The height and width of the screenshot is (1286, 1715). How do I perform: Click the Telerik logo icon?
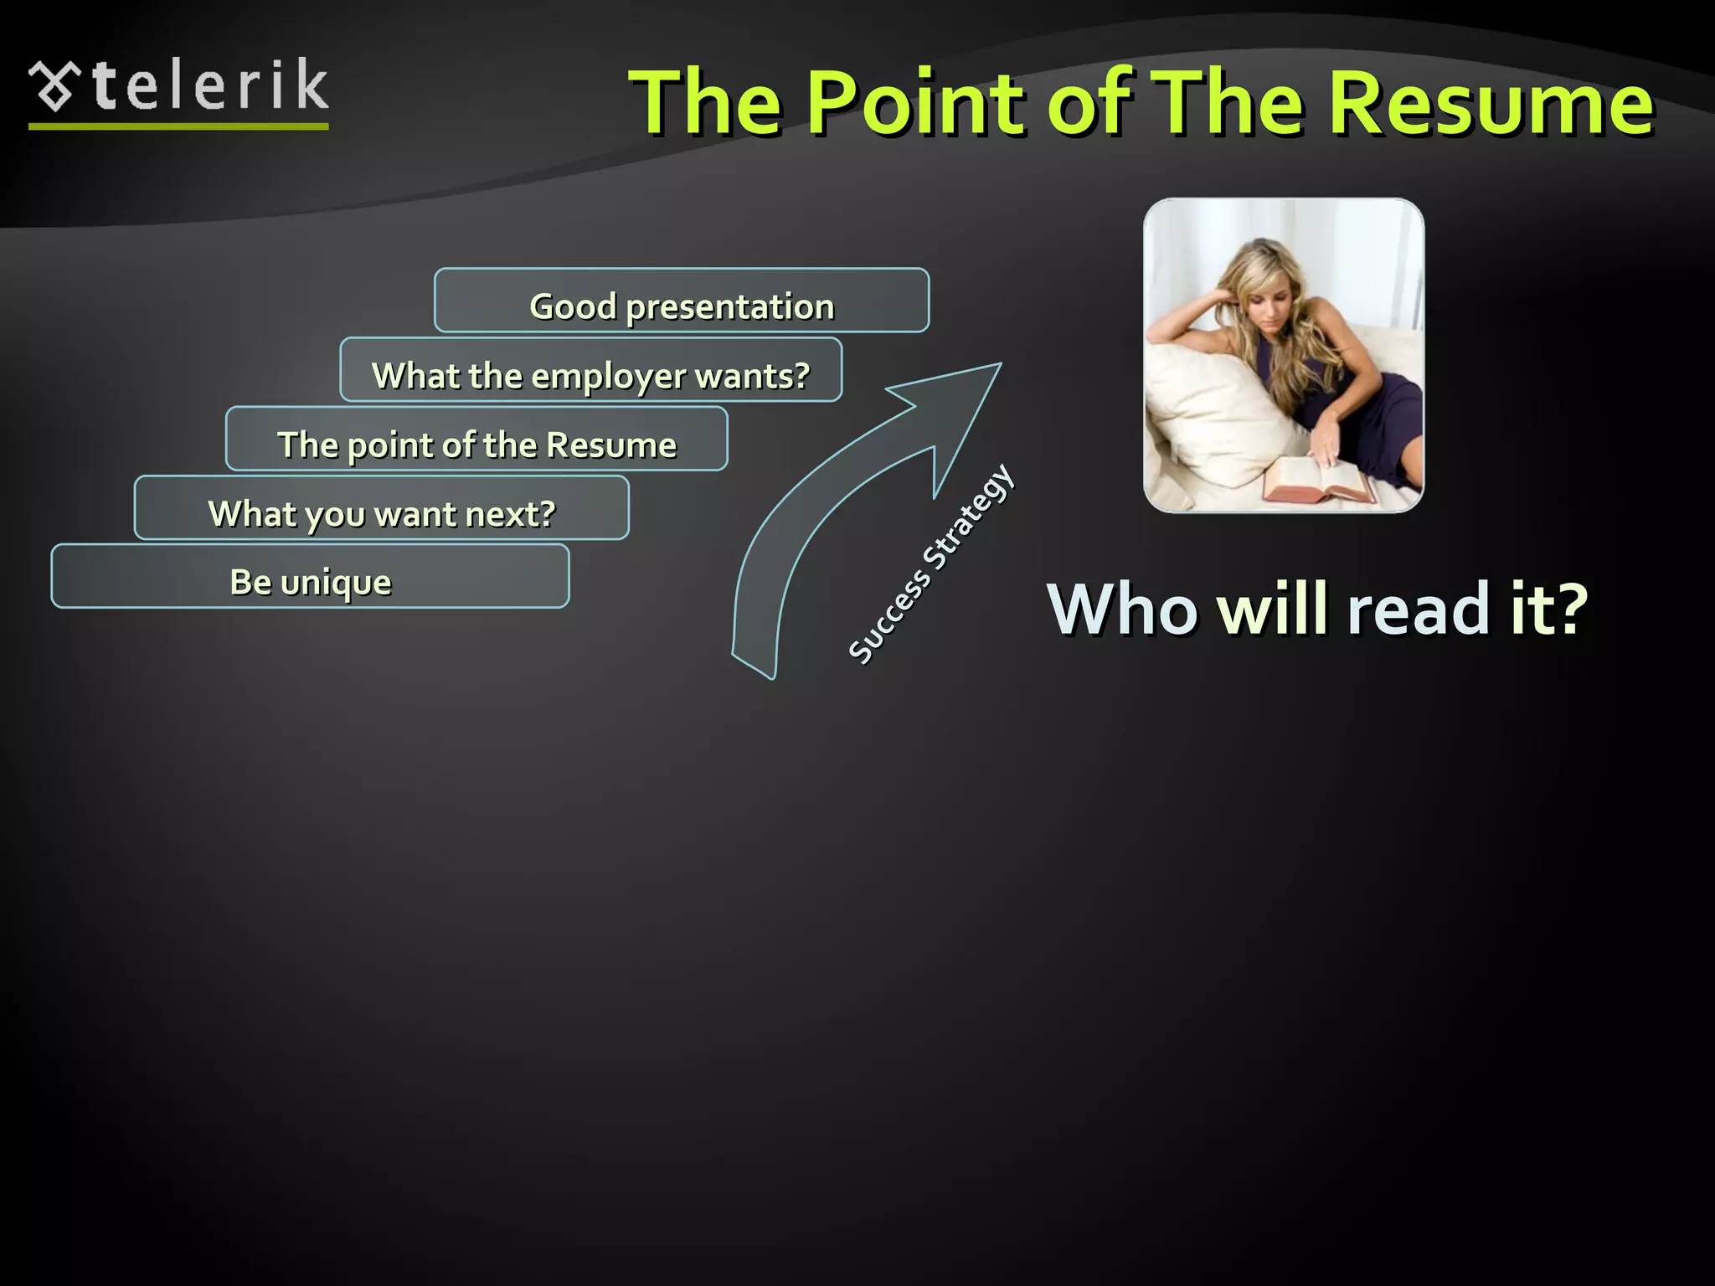click(54, 85)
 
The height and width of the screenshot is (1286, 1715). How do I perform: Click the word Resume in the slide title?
click(1491, 104)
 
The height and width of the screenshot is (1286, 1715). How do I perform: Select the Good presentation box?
click(682, 301)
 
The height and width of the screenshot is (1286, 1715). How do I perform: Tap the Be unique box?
click(310, 577)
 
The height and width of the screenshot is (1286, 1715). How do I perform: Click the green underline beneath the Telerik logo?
click(178, 126)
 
